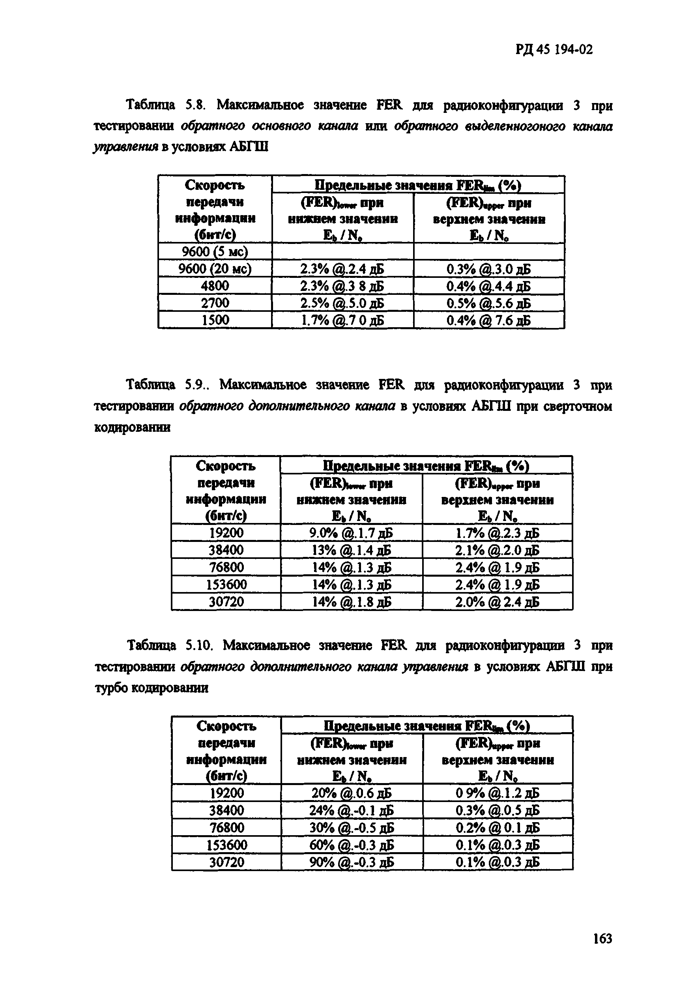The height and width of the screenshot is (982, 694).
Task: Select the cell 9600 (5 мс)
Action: pos(215,251)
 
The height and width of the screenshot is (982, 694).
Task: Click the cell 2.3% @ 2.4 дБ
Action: pos(342,269)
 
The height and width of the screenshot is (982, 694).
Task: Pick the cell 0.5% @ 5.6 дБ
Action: pos(488,303)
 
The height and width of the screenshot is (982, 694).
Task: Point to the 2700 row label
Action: pos(215,303)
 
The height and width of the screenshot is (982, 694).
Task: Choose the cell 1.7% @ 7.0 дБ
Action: pos(342,320)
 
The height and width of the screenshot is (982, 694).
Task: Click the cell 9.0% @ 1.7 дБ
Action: pos(351,533)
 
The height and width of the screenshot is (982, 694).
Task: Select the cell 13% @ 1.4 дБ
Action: pos(351,550)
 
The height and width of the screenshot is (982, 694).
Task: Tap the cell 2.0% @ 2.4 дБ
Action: pos(497,602)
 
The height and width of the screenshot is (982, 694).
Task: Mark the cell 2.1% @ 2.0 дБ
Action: pos(497,550)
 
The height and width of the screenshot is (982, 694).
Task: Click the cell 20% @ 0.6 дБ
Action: pos(351,793)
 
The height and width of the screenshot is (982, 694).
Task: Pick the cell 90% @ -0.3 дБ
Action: pos(351,862)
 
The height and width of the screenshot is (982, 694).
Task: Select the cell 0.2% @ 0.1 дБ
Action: pos(497,828)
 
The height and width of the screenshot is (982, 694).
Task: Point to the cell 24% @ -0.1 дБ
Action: pos(351,810)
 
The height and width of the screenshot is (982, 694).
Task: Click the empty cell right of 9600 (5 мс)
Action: pos(342,251)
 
